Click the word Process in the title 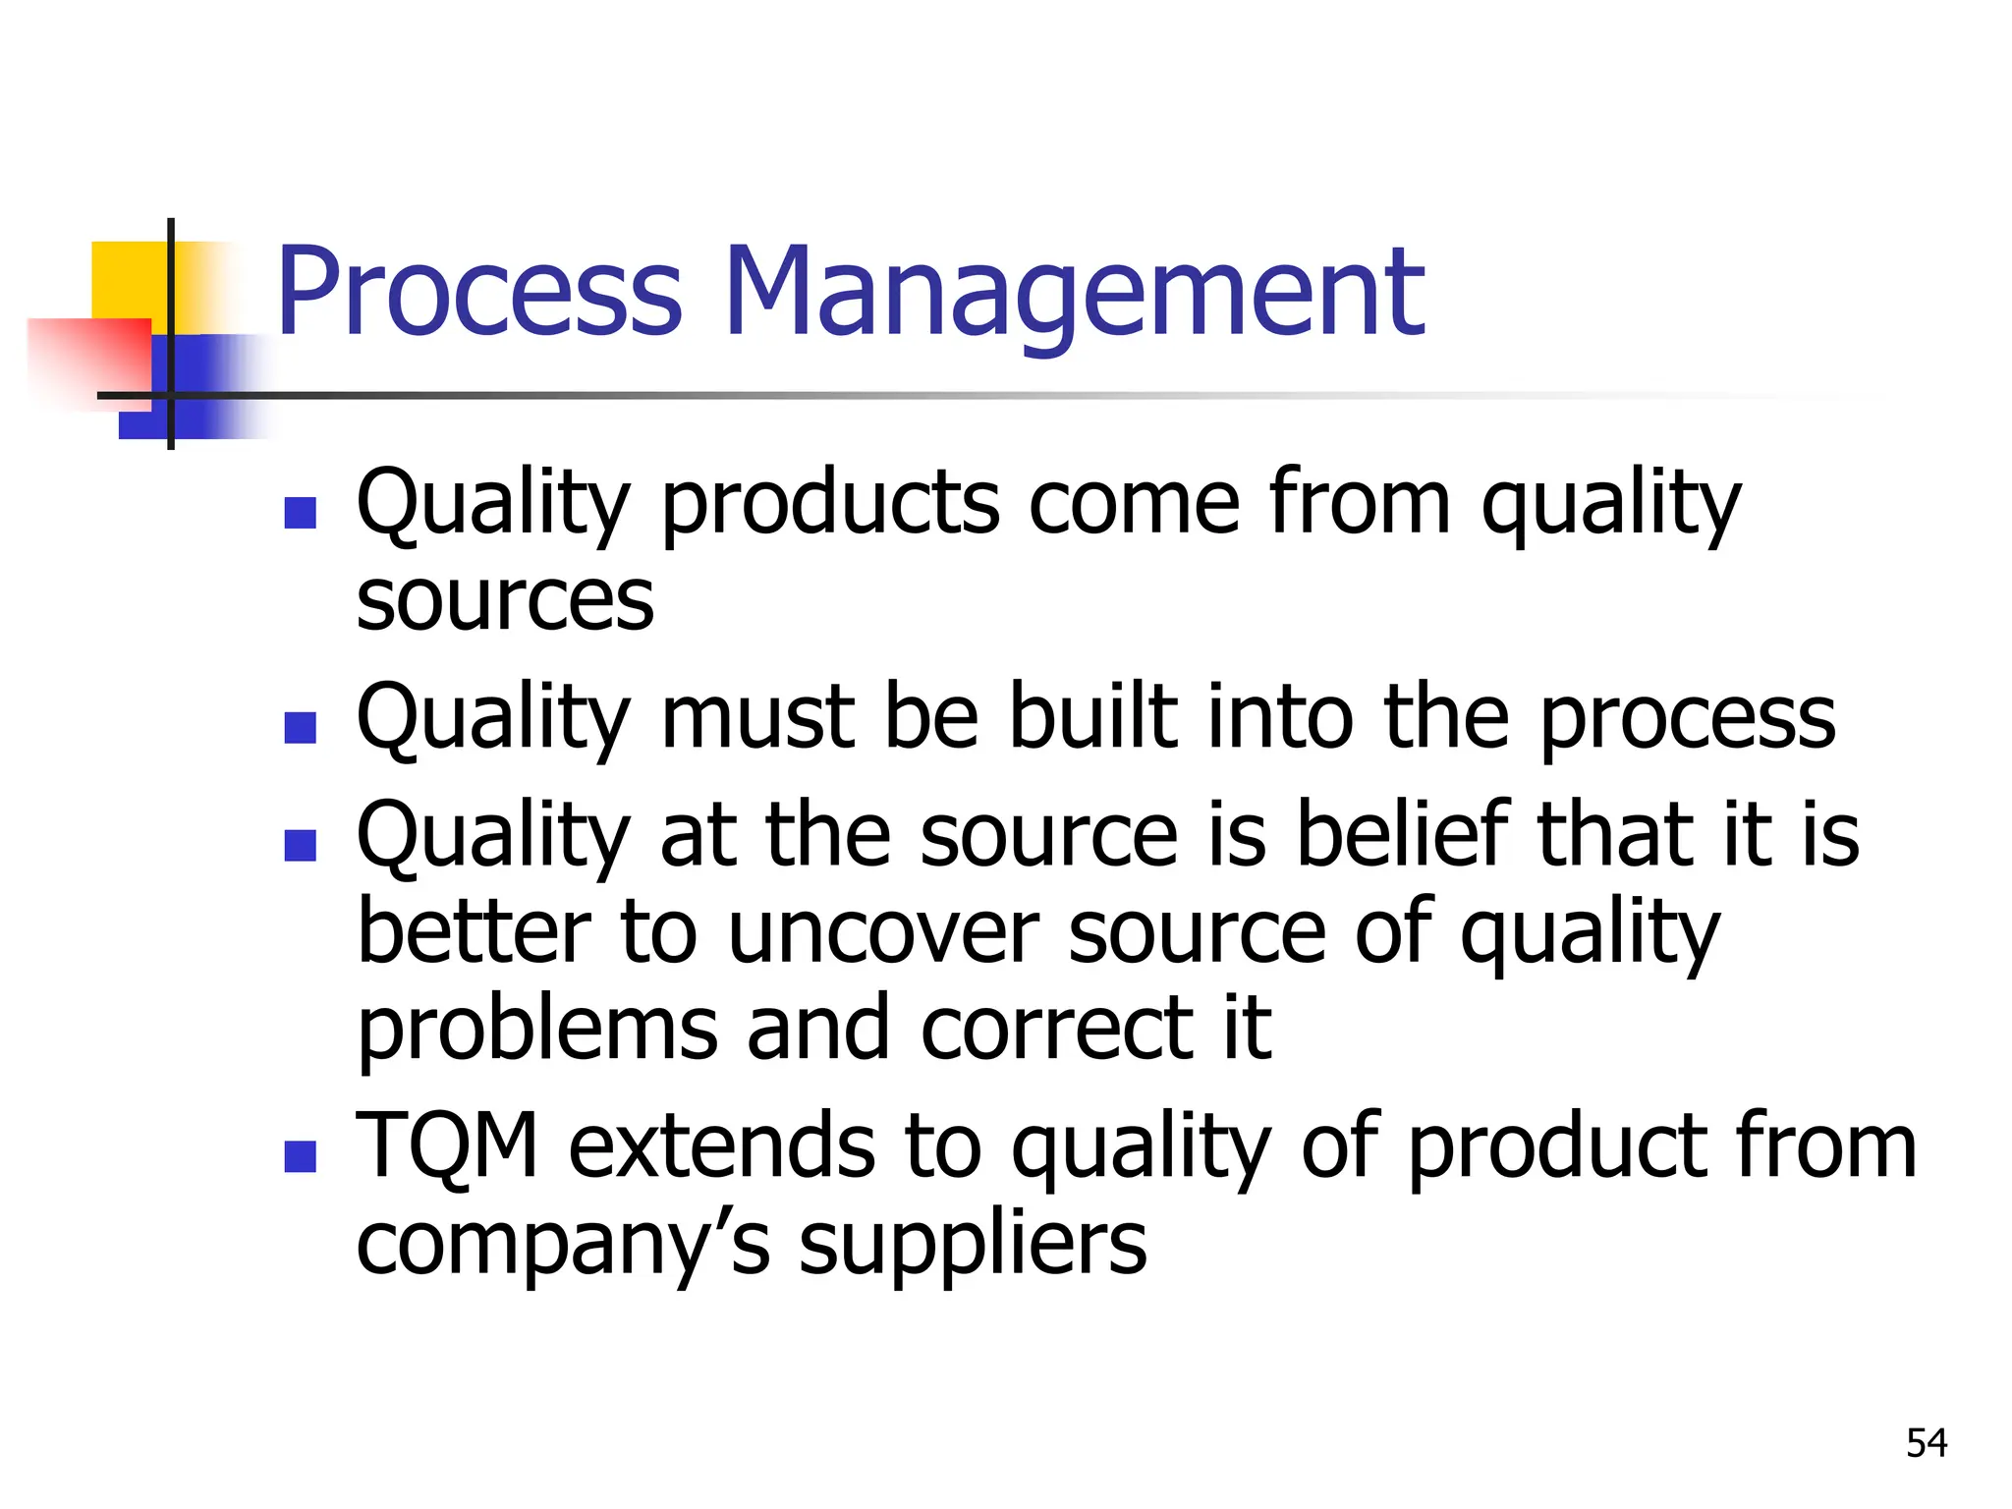point(478,293)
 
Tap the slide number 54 point(1926,1443)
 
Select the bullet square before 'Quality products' point(300,513)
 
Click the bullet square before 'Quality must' point(300,727)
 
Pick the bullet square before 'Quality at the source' point(300,844)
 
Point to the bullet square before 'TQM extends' point(300,1156)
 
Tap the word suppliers point(973,1246)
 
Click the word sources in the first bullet point(504,601)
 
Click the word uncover point(882,934)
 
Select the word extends point(721,1146)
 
